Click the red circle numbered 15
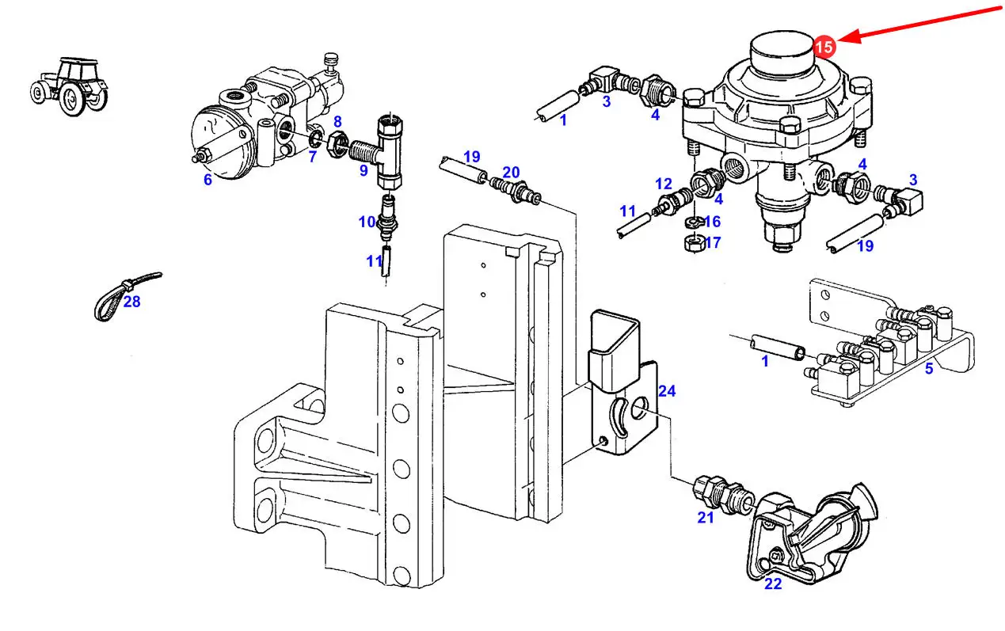click(x=824, y=47)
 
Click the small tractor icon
click(x=69, y=83)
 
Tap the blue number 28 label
click(x=131, y=302)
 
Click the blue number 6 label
click(x=207, y=180)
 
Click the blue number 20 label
click(x=511, y=172)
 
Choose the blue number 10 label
click(x=367, y=222)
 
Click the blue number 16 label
click(x=712, y=222)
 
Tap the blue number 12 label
click(x=664, y=184)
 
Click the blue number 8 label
click(x=337, y=122)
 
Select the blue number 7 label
click(x=312, y=157)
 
